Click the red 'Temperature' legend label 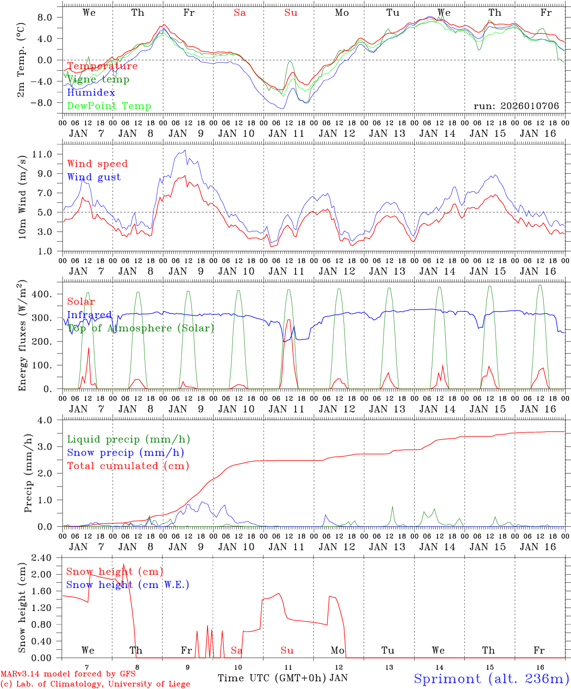102,66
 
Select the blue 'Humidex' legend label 91,93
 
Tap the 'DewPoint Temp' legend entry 109,106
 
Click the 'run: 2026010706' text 516,106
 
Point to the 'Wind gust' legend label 94,177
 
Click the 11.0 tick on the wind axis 47,154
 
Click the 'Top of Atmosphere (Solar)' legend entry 141,328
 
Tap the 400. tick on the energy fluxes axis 47,294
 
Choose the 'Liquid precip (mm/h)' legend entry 129,439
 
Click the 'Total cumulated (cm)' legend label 128,466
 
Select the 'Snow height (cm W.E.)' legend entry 128,585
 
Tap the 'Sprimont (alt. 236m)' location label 491,678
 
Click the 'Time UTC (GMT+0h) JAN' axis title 283,678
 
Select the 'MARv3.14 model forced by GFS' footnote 68,674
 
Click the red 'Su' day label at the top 291,13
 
